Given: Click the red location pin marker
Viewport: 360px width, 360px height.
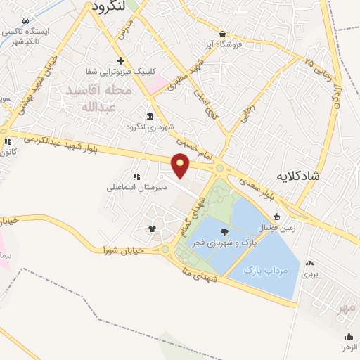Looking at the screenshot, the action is click(181, 165).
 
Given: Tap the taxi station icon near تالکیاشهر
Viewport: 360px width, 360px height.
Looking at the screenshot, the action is click(26, 21).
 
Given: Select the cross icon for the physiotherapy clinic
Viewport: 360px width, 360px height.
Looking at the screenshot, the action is click(120, 60).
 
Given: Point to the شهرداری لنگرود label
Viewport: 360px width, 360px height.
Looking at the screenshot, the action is click(149, 127).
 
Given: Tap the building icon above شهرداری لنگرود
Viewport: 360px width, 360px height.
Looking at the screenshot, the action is click(149, 116).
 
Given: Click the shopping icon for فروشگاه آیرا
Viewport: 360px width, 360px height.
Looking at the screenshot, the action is click(223, 34).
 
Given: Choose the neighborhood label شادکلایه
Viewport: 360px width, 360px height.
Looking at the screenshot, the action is click(298, 176).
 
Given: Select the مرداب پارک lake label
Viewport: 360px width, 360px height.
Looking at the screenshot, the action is click(262, 269).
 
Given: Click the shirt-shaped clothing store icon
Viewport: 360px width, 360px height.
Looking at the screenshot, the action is click(151, 229).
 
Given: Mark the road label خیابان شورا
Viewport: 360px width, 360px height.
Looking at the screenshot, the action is click(123, 250).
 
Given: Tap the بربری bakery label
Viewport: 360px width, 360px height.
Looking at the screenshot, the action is click(309, 274).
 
